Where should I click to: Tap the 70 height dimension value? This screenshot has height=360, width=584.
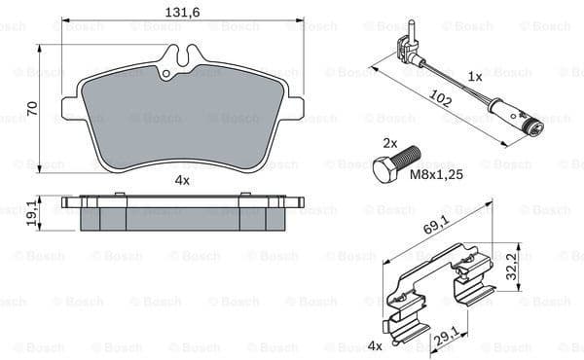click(32, 107)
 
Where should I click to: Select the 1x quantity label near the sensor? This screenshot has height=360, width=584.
click(475, 75)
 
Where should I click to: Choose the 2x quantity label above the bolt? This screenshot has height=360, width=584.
click(389, 142)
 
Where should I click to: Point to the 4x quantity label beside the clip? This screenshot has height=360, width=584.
click(375, 343)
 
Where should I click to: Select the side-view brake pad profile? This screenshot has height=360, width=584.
click(181, 213)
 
